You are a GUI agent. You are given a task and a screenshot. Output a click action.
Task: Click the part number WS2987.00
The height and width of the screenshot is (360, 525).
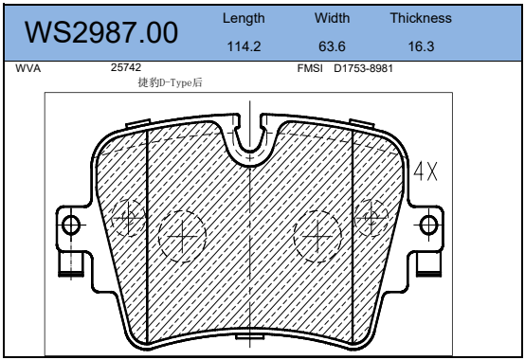point(101,32)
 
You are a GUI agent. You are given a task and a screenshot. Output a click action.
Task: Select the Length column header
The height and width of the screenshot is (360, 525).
point(244,18)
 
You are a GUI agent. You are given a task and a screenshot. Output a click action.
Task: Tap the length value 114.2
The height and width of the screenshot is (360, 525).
point(244,46)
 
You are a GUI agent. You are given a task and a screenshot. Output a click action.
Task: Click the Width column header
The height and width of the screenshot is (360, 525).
point(332,18)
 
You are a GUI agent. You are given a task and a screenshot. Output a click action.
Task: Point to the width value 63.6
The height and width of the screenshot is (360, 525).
point(332,46)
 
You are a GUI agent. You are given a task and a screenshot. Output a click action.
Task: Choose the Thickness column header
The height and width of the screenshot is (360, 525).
point(421,18)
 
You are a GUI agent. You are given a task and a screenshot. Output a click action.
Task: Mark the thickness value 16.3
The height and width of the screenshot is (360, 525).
point(421,46)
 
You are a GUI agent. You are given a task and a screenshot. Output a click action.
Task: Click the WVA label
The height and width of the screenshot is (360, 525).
point(28,68)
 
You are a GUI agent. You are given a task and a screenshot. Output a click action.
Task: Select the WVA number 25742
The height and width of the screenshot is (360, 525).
point(126,67)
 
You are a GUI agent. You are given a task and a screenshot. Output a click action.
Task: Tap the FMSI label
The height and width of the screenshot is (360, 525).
point(310,68)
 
